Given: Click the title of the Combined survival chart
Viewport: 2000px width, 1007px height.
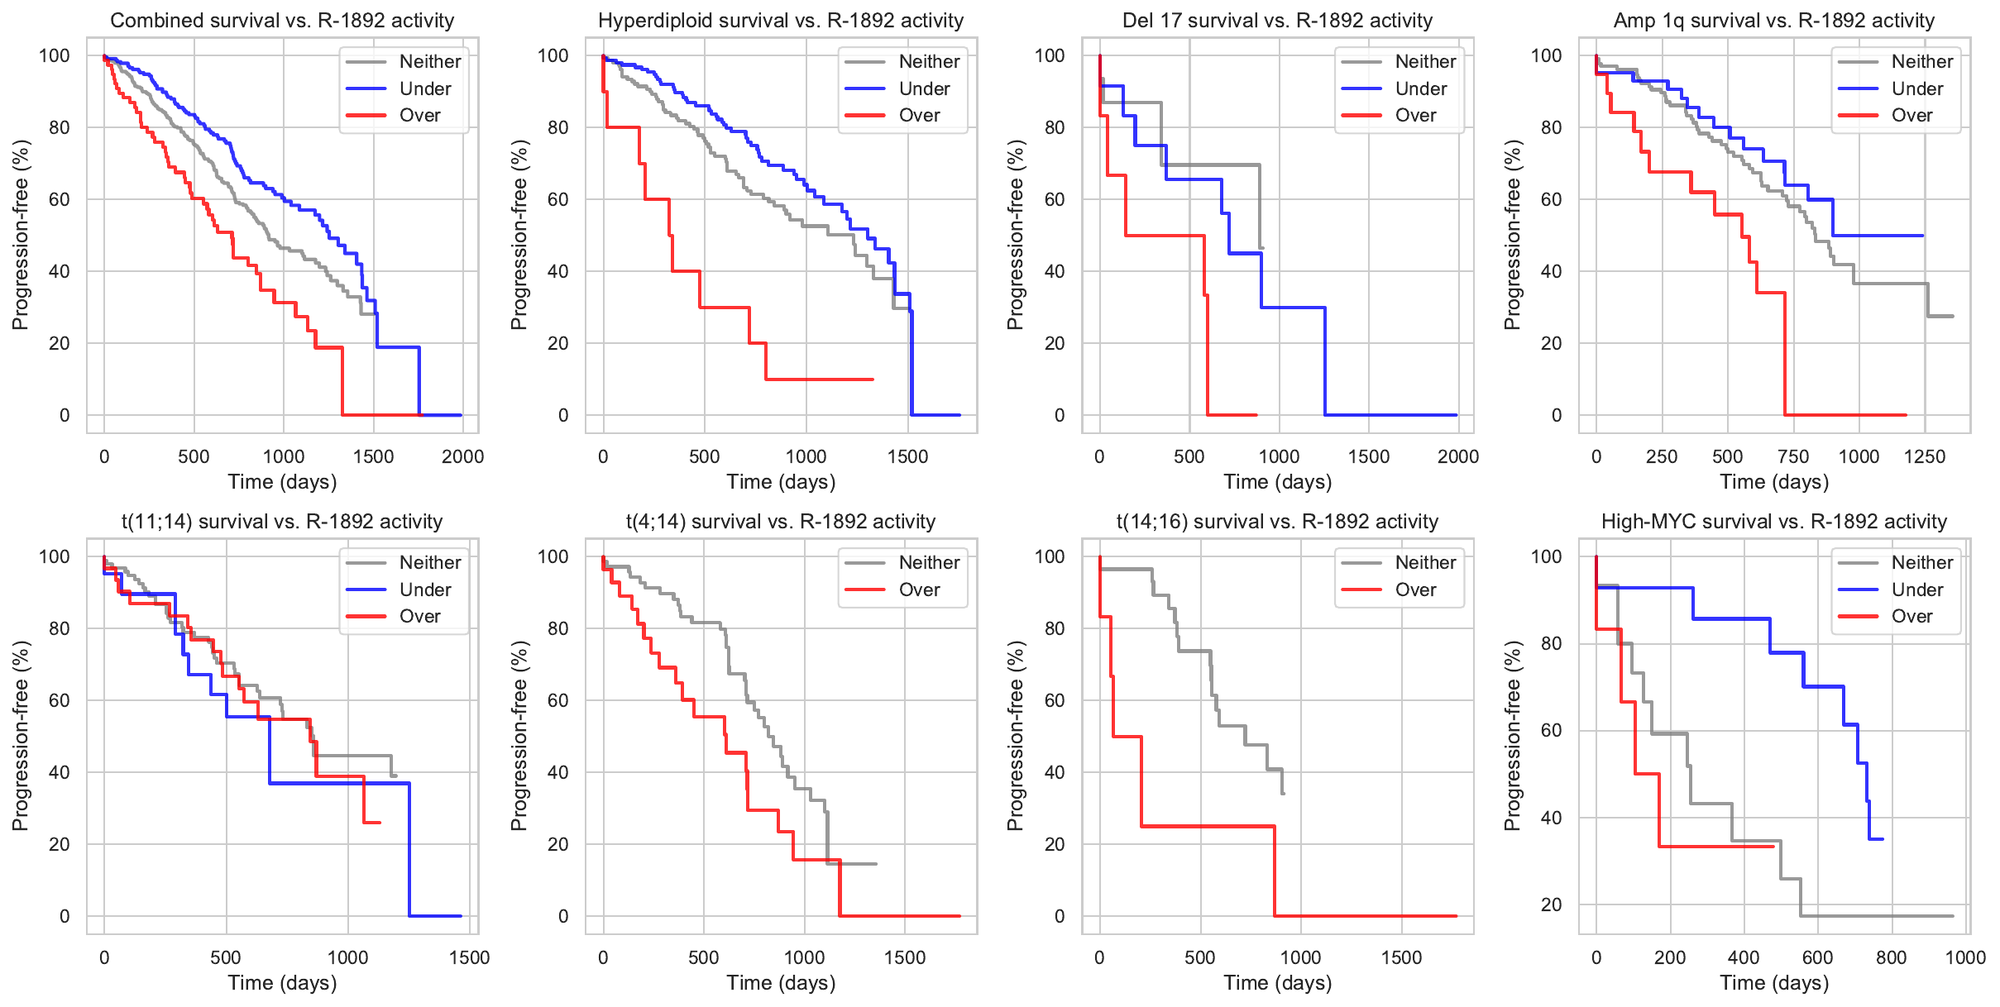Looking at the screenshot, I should pyautogui.click(x=282, y=21).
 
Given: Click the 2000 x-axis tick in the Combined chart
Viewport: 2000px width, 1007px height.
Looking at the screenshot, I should pyautogui.click(x=462, y=456).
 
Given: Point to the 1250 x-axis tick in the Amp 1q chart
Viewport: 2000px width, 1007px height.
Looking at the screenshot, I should pyautogui.click(x=1925, y=456).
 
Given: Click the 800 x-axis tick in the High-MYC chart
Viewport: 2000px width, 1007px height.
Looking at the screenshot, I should pyautogui.click(x=1891, y=957).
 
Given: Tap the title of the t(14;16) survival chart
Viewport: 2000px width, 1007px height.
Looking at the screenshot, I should pyautogui.click(x=1277, y=522).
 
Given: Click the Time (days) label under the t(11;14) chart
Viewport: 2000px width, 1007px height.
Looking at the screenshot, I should pyautogui.click(x=282, y=983).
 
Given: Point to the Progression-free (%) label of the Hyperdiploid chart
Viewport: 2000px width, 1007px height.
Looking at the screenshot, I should pyautogui.click(x=519, y=235).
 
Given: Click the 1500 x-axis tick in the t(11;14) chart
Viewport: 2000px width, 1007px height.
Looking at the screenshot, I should pyautogui.click(x=469, y=957).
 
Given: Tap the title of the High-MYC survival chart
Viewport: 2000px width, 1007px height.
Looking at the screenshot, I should pyautogui.click(x=1773, y=522).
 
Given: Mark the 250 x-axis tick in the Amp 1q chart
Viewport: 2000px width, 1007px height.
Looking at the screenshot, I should pyautogui.click(x=1662, y=456).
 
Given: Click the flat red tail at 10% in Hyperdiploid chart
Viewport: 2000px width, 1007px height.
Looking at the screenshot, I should pyautogui.click(x=819, y=379).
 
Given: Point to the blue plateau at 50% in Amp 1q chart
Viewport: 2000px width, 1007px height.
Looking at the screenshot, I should pyautogui.click(x=1878, y=236).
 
